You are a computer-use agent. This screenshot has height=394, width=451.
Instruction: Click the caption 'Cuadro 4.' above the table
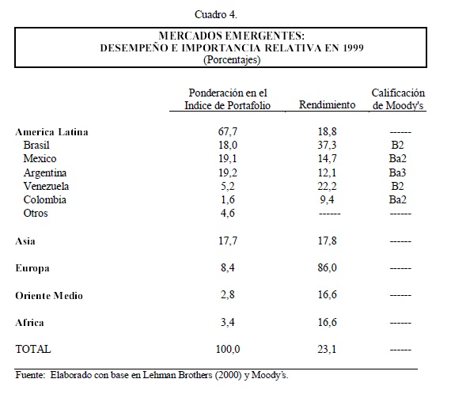[x=216, y=15]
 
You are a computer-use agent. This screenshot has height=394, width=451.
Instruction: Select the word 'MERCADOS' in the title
[x=191, y=36]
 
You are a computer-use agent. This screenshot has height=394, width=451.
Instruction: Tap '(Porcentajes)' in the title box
[x=232, y=60]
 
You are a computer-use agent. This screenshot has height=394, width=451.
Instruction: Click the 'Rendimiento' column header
[x=327, y=104]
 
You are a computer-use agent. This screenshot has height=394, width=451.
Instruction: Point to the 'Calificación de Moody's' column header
[x=398, y=99]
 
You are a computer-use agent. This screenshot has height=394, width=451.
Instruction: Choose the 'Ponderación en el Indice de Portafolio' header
[x=227, y=99]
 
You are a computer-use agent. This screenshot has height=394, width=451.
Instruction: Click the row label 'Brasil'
[x=36, y=145]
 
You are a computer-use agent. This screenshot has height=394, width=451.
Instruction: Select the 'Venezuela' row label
[x=46, y=186]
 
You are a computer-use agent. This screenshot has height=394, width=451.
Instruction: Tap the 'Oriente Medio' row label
[x=49, y=296]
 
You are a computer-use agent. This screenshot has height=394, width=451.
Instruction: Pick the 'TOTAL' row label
[x=33, y=349]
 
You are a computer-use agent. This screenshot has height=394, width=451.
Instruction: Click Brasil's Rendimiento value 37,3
[x=327, y=145]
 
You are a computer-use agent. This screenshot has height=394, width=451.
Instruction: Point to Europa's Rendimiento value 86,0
[x=327, y=267]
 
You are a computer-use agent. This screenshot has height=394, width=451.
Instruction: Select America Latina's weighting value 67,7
[x=228, y=131]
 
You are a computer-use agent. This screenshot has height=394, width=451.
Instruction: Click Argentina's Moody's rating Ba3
[x=397, y=172]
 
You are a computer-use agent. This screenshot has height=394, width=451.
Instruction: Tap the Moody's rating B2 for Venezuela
[x=397, y=186]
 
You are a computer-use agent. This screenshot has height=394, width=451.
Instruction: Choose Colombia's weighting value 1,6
[x=228, y=199]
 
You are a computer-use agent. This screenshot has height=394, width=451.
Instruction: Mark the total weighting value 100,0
[x=228, y=349]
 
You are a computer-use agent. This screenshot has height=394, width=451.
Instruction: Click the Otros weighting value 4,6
[x=228, y=213]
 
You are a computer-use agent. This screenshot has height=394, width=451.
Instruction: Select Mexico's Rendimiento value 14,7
[x=327, y=158]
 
